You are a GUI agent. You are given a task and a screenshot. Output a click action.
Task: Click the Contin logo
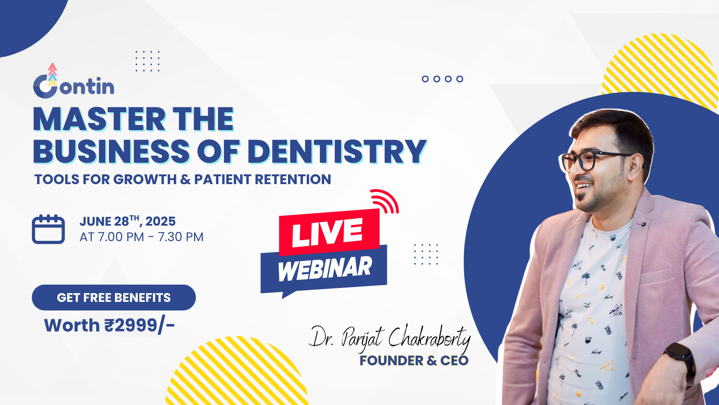pos(74,81)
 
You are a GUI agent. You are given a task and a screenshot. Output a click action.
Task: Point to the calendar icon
pos(48,229)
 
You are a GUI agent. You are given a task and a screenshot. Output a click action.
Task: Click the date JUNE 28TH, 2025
pos(127,221)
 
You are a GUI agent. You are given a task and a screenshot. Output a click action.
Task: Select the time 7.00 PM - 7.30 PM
pos(151,237)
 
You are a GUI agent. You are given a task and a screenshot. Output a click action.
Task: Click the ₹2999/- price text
pos(140,325)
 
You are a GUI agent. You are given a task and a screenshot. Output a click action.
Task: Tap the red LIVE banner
pos(329,232)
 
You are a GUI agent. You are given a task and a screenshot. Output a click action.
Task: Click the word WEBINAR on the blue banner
pos(325,268)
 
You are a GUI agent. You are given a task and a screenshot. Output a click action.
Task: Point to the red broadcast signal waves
pos(385,201)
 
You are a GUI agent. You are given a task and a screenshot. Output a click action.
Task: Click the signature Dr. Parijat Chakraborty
pos(389,338)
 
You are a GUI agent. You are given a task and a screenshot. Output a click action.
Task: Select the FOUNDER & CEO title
pos(414,361)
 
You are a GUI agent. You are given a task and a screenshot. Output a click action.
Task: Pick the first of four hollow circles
pos(425,79)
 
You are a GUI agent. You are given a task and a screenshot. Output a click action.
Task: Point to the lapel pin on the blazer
pos(643,224)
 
